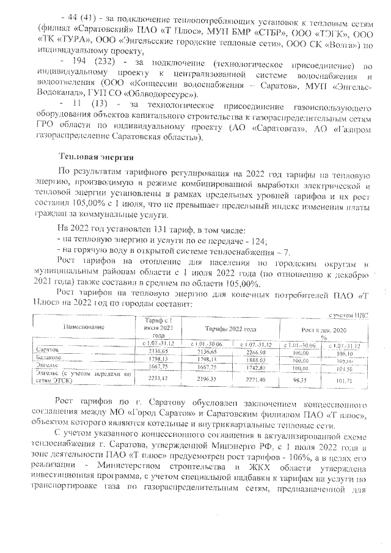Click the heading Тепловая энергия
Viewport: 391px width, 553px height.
92,158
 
